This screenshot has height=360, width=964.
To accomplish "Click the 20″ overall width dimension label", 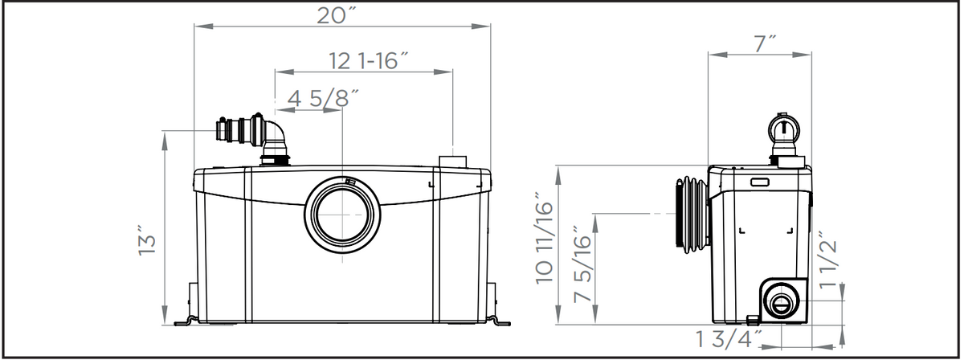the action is pos(337,15).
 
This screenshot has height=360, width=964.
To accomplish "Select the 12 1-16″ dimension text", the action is pos(369,61).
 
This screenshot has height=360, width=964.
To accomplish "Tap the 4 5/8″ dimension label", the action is pos(323,98).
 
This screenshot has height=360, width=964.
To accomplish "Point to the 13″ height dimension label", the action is pos(147,240).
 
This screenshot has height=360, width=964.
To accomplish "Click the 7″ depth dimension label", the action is pos(764,44).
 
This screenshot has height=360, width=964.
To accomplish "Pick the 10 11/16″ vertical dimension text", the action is pos(544,243).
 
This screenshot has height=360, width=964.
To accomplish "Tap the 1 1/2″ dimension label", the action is pos(828,260).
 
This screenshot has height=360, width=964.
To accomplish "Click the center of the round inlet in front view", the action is pos(342,215).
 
